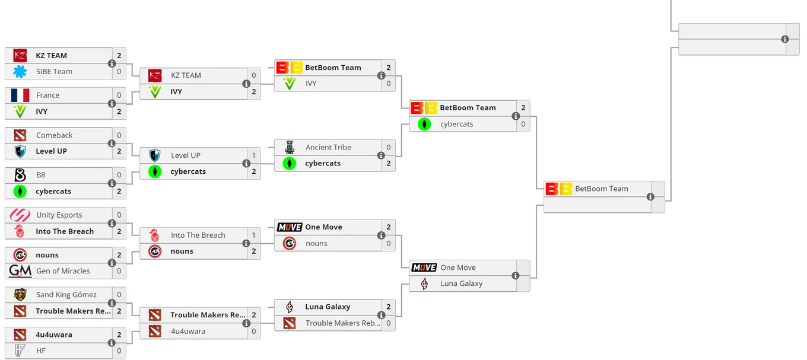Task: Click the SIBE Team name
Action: (x=54, y=72)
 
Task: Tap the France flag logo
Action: (x=20, y=95)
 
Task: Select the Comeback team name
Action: (x=55, y=135)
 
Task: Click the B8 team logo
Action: (x=20, y=175)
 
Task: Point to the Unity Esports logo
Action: (x=20, y=215)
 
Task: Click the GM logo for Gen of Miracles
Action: (x=20, y=270)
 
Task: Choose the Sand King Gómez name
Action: (x=66, y=295)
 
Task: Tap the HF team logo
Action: (x=20, y=351)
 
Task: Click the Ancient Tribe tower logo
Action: (x=290, y=147)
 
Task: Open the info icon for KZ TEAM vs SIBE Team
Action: (x=112, y=63)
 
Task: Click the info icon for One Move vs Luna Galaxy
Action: (x=516, y=275)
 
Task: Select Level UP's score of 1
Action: (x=253, y=155)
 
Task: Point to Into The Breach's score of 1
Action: (x=253, y=235)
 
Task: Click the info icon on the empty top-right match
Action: (x=785, y=39)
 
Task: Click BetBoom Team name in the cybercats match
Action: (x=468, y=107)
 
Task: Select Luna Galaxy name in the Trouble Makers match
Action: (x=328, y=307)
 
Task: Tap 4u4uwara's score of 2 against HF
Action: (x=119, y=335)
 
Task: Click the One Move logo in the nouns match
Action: (x=290, y=227)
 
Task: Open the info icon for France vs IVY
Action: (x=112, y=103)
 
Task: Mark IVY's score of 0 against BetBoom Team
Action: (x=388, y=84)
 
